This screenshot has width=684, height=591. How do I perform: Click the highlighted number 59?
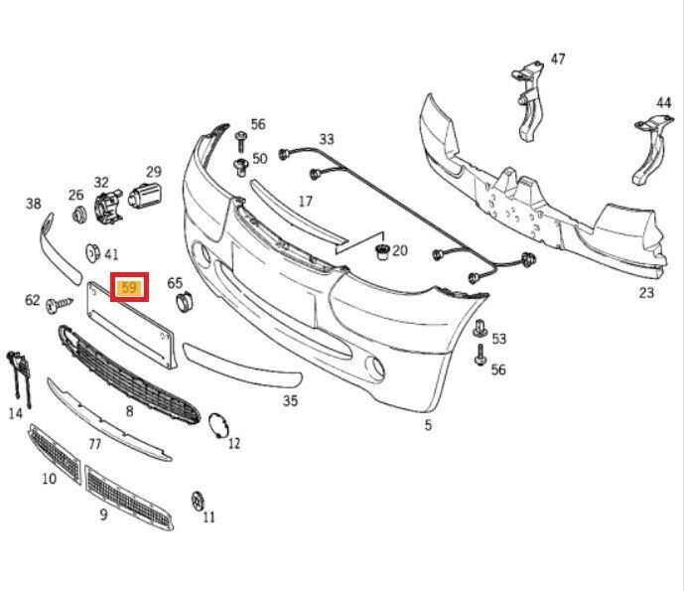(x=128, y=289)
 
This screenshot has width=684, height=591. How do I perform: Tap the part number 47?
(x=557, y=60)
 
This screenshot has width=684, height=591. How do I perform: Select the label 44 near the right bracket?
(x=663, y=103)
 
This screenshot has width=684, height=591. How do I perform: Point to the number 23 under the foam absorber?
(x=646, y=293)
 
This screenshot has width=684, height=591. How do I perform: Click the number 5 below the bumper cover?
(x=428, y=425)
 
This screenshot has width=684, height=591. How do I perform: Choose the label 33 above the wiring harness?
(x=327, y=139)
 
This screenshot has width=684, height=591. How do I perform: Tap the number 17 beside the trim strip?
(x=305, y=201)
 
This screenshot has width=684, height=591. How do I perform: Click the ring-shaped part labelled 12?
(x=216, y=425)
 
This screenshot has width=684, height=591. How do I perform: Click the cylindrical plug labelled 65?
(x=181, y=303)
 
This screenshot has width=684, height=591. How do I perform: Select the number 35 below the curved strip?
(x=290, y=401)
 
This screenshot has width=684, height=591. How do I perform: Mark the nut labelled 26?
(x=77, y=216)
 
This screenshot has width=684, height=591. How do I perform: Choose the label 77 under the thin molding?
(x=95, y=444)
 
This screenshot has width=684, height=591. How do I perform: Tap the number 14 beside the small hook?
(x=16, y=412)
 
